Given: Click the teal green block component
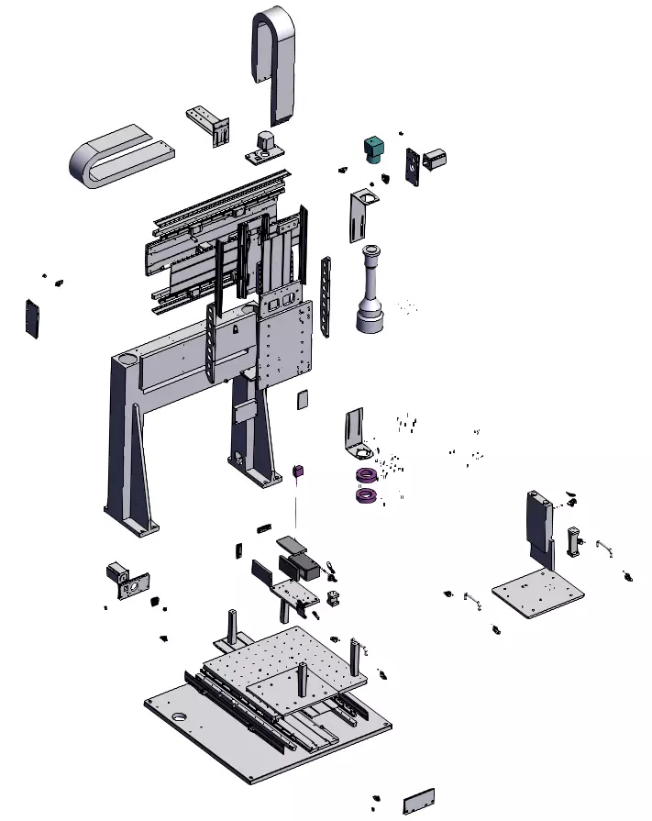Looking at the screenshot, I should (x=374, y=149).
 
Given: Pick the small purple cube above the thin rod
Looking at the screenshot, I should (x=297, y=472).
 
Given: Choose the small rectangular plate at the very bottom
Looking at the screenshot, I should (x=418, y=801).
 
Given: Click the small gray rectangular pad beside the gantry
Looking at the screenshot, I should (x=303, y=400).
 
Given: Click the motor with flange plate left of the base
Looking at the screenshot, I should (x=123, y=578).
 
